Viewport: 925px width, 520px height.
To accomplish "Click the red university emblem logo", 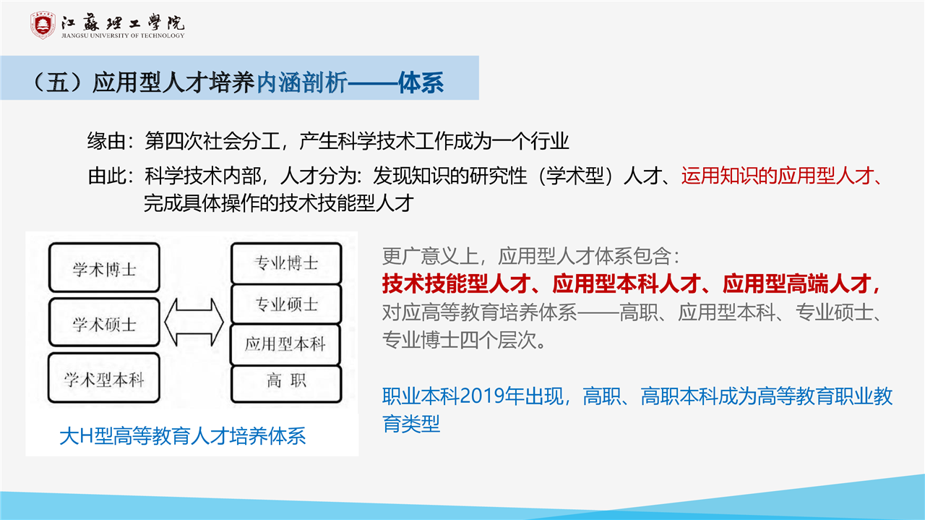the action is (43, 25).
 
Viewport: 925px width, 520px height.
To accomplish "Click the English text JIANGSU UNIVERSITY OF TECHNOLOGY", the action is (123, 35).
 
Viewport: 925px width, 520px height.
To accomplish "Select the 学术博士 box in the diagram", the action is (104, 268).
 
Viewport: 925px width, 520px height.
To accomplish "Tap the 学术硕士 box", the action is (104, 322).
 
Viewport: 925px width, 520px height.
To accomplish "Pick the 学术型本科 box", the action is (103, 378).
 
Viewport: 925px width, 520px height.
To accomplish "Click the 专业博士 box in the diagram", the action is (286, 263).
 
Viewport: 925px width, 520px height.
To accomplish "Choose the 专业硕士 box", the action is (286, 304).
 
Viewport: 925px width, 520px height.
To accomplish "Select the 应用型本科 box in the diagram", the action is (285, 344).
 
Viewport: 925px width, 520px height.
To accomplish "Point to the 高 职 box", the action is (286, 384).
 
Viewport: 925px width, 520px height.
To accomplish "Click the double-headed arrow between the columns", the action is (194, 322).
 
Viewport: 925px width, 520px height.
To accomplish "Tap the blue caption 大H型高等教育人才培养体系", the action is (183, 436).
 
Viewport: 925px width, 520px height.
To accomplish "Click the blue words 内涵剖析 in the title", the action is (302, 82).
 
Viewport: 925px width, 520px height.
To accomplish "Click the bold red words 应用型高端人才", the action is (796, 284).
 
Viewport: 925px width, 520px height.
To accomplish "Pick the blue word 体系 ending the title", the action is (421, 82).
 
